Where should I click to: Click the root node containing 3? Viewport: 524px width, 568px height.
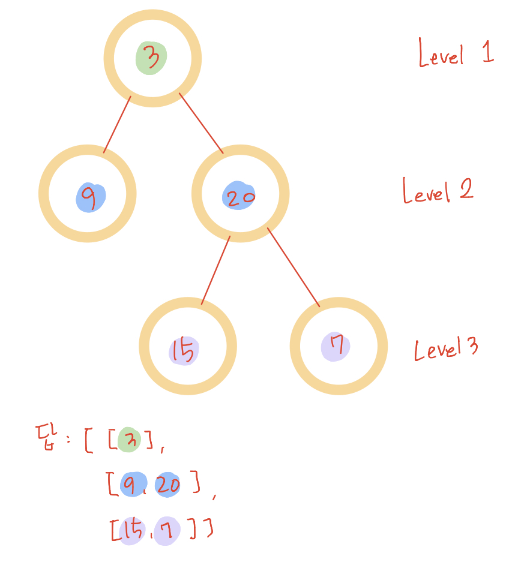152,58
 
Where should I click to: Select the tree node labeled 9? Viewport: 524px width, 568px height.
88,194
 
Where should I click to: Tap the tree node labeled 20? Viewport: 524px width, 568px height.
240,194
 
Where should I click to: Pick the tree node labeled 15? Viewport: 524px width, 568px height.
187,346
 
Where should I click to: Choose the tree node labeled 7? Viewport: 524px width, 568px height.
338,346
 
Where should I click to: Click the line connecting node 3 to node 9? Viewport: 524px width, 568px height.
117,124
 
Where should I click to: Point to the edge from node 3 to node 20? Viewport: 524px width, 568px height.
201,123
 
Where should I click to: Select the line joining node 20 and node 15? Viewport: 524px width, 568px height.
215,271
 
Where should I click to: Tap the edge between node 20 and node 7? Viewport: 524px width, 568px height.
294,268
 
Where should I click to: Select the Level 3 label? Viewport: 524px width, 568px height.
446,348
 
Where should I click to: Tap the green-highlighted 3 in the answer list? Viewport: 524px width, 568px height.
128,440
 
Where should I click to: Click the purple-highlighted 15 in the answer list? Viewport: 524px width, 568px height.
131,529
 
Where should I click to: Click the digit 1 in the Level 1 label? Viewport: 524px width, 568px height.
487,52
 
